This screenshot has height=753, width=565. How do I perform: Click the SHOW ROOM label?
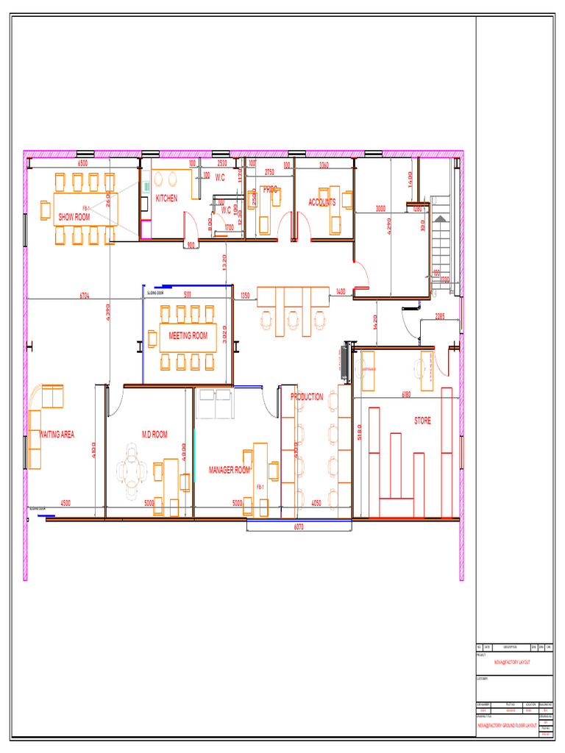coord(74,217)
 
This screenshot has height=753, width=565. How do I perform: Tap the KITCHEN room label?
coord(166,199)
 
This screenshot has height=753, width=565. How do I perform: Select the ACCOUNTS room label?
coord(322,202)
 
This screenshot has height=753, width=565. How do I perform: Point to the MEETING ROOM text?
coord(188,335)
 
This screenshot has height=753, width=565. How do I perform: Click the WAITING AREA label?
coord(57,435)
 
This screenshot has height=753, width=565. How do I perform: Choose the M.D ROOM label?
coord(154,435)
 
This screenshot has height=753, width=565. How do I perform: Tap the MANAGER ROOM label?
coord(230,469)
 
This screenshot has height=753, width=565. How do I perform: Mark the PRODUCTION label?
coord(307,397)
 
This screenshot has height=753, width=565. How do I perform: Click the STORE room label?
coord(422,421)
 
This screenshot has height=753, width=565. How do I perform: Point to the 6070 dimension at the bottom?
coord(299,527)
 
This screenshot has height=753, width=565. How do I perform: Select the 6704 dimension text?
coord(85,296)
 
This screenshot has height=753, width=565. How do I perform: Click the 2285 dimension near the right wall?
coord(440,316)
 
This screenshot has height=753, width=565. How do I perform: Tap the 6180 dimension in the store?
coord(406,395)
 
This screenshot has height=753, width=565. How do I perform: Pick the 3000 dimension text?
coord(380,209)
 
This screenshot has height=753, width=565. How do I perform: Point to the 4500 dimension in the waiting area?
coord(65,503)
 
